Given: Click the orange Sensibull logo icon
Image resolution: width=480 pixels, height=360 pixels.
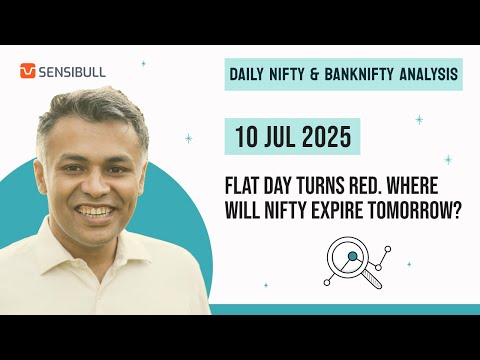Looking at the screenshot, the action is [27, 71].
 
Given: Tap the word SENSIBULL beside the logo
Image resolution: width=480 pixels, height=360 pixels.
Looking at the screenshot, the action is [72, 72].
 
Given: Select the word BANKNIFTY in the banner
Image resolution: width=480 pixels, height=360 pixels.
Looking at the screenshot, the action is [359, 74].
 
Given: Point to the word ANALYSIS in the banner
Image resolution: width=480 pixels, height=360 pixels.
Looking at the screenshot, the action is [429, 74].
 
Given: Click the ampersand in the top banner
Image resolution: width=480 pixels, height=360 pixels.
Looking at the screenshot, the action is [314, 74].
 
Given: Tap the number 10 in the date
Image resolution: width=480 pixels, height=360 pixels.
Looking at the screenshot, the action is [246, 137].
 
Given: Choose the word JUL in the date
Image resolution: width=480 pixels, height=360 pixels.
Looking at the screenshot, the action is [278, 137].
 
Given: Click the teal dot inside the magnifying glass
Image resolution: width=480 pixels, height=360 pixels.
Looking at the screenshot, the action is [352, 256].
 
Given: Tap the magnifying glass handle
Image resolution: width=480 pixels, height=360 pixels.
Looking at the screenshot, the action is [372, 279].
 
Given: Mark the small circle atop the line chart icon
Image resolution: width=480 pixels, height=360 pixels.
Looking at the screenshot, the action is [388, 249].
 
